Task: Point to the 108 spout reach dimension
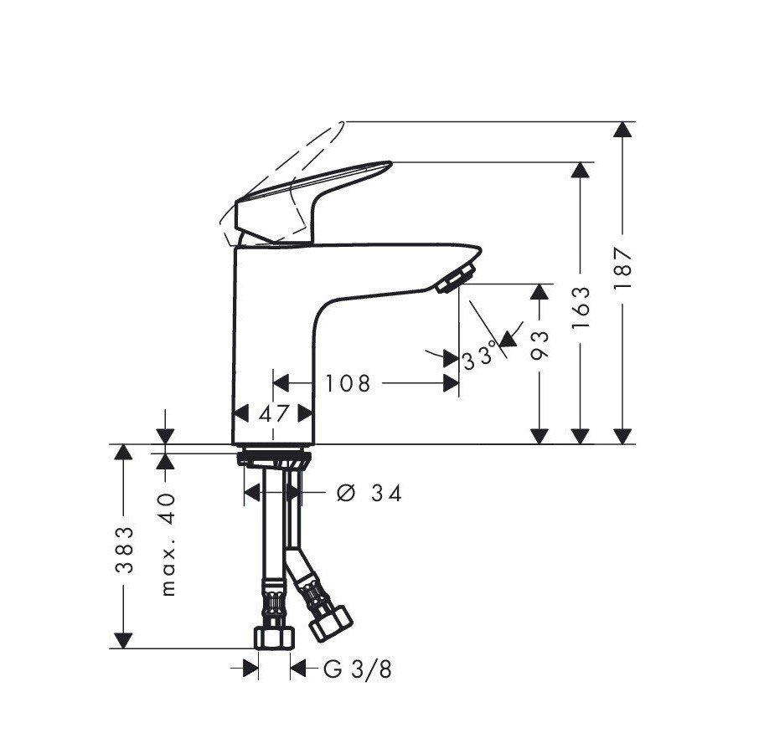pyautogui.click(x=348, y=383)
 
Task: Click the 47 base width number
pyautogui.click(x=273, y=413)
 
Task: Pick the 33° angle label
pyautogui.click(x=479, y=360)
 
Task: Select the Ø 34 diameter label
pyautogui.click(x=368, y=494)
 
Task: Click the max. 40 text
pyautogui.click(x=168, y=543)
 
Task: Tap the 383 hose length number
pyautogui.click(x=124, y=549)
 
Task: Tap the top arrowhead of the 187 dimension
pyautogui.click(x=621, y=131)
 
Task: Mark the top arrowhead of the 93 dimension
pyautogui.click(x=540, y=293)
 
